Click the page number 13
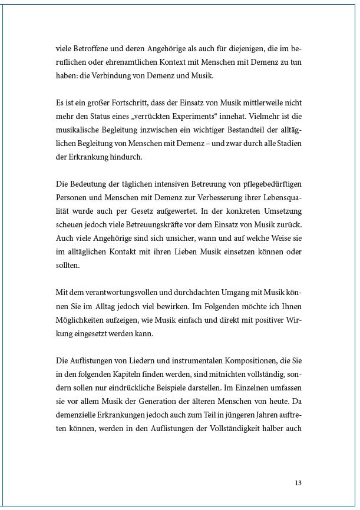tap(298, 483)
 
